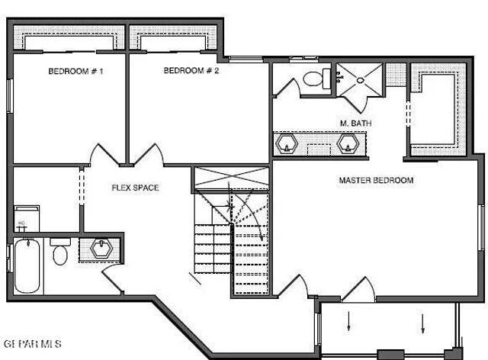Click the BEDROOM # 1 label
(75, 71)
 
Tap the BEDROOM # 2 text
(191, 71)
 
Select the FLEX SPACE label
(136, 188)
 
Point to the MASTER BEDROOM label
(376, 181)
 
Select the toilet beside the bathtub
(60, 253)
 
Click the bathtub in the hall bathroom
(27, 266)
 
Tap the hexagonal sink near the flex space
(101, 249)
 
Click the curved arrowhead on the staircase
(263, 238)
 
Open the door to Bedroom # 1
(104, 155)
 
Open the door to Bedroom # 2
(148, 155)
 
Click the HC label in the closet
(21, 223)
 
